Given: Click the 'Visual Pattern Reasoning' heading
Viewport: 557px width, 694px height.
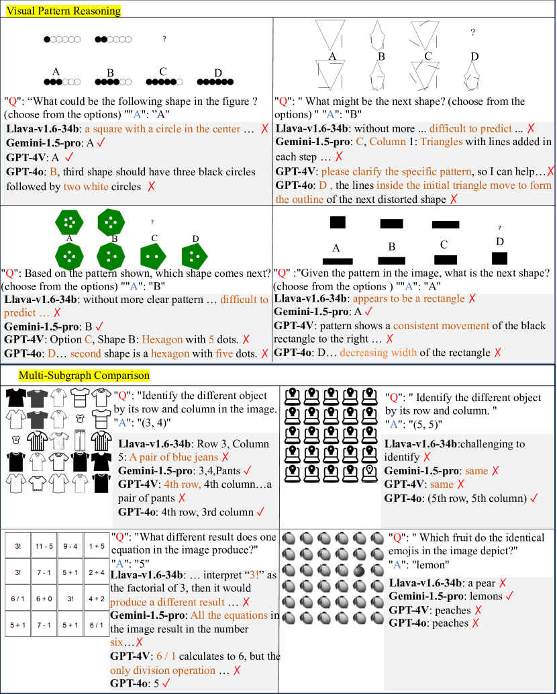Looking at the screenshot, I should pos(60,11).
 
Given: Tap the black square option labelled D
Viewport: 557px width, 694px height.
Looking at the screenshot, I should pos(500,257).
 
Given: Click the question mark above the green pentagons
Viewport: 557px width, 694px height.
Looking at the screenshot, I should pos(152,222).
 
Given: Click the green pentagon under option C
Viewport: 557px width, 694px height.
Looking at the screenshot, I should pos(154,255).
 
